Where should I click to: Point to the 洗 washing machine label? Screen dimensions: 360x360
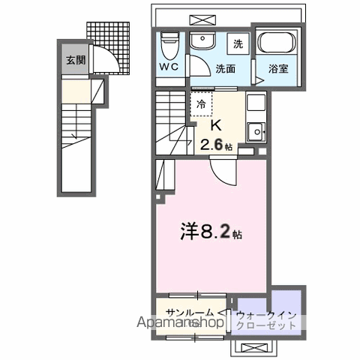238,43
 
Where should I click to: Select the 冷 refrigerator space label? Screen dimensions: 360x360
201,105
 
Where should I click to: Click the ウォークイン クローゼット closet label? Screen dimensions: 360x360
268,321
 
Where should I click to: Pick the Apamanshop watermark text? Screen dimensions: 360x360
179,324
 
